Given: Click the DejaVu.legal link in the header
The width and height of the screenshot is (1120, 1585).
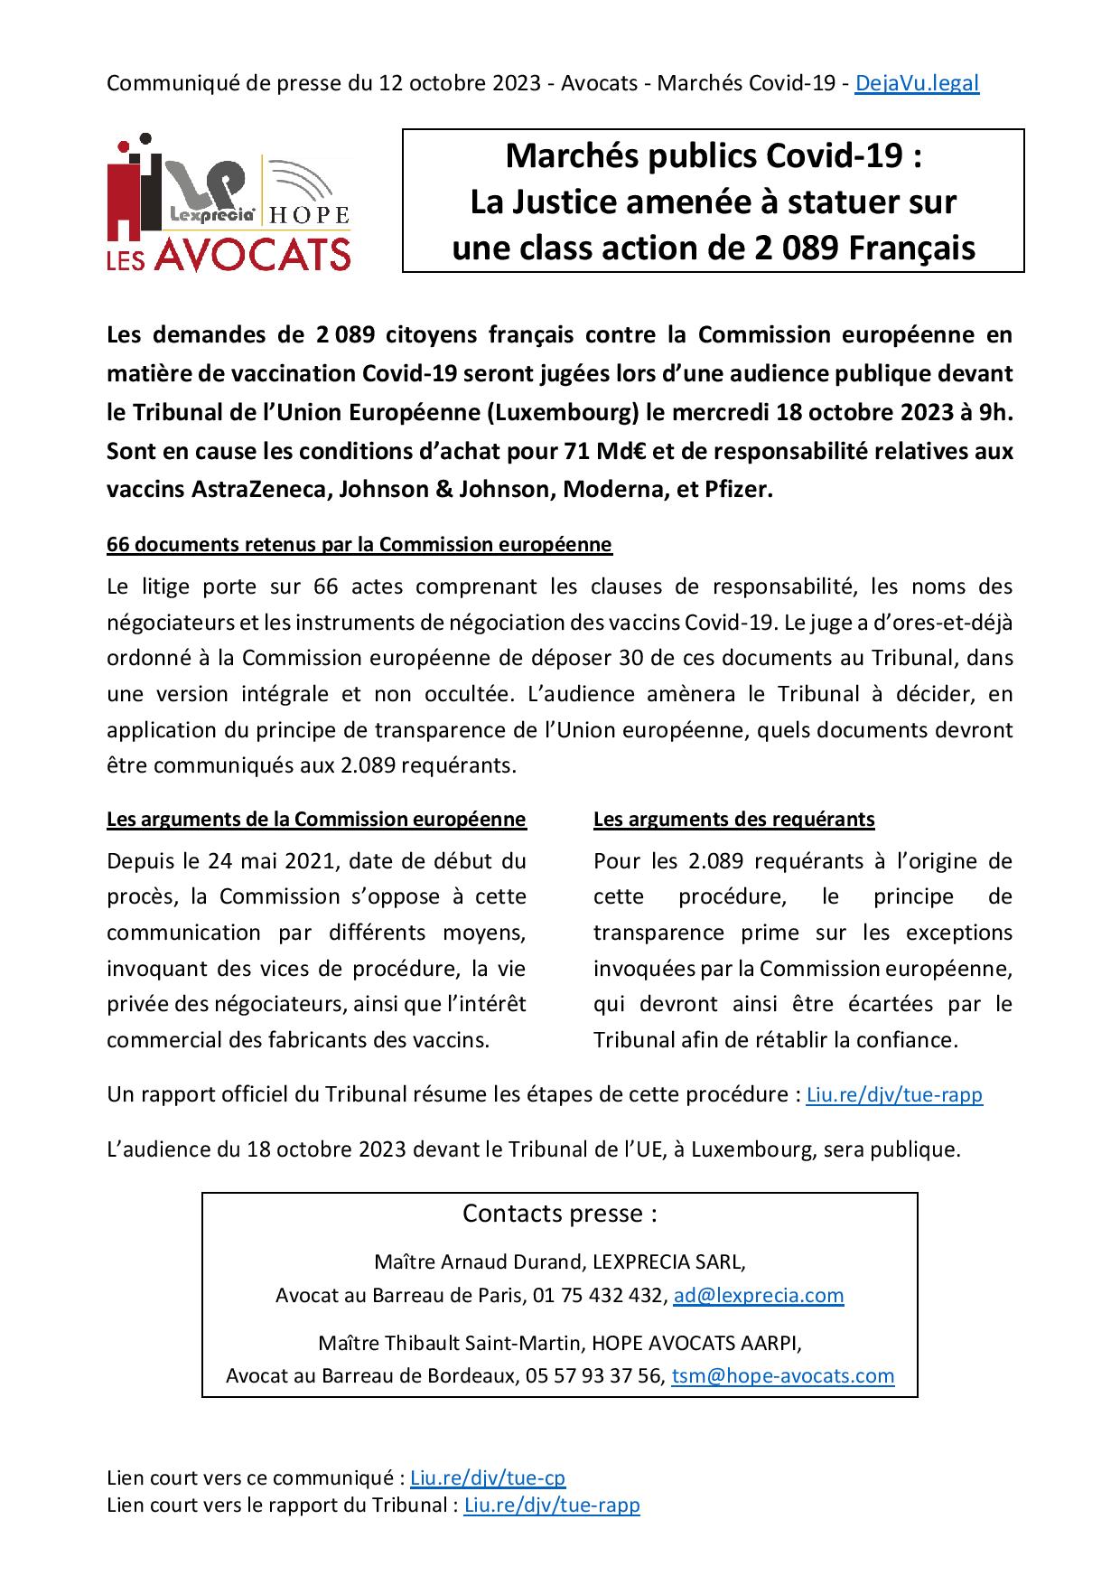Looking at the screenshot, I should pos(916,83).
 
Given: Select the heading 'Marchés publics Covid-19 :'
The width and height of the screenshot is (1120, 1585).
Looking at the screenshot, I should pos(713,156).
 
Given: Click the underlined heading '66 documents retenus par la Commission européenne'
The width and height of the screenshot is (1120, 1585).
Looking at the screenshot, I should pos(359,545).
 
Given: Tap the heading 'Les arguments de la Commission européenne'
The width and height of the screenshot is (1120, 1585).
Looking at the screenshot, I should pos(316,820).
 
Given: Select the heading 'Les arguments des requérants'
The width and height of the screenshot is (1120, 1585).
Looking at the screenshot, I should pos(733,820).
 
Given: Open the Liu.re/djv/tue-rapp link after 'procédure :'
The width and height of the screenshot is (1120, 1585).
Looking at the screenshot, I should pos(894,1095).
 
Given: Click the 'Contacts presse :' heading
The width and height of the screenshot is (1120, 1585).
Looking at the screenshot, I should pos(559,1213).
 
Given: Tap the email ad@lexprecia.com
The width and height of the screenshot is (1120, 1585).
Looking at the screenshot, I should pos(759,1295).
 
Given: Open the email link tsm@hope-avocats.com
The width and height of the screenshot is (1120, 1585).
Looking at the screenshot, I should pos(783,1376).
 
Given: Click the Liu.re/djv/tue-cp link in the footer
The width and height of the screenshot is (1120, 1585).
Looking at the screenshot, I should pos(488,1478).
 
